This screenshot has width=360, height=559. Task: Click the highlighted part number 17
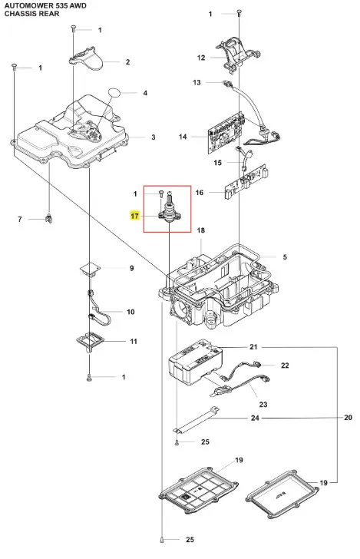(x=135, y=216)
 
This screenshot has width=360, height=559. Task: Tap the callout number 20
(x=348, y=417)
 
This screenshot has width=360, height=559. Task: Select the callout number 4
(x=145, y=93)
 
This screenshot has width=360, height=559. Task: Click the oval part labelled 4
(x=114, y=92)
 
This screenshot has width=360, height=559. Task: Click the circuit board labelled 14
(x=225, y=132)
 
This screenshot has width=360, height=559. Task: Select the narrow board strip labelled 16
(x=245, y=181)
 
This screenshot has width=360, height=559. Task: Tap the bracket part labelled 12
(x=236, y=55)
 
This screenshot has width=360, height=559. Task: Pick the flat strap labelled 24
(x=197, y=421)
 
